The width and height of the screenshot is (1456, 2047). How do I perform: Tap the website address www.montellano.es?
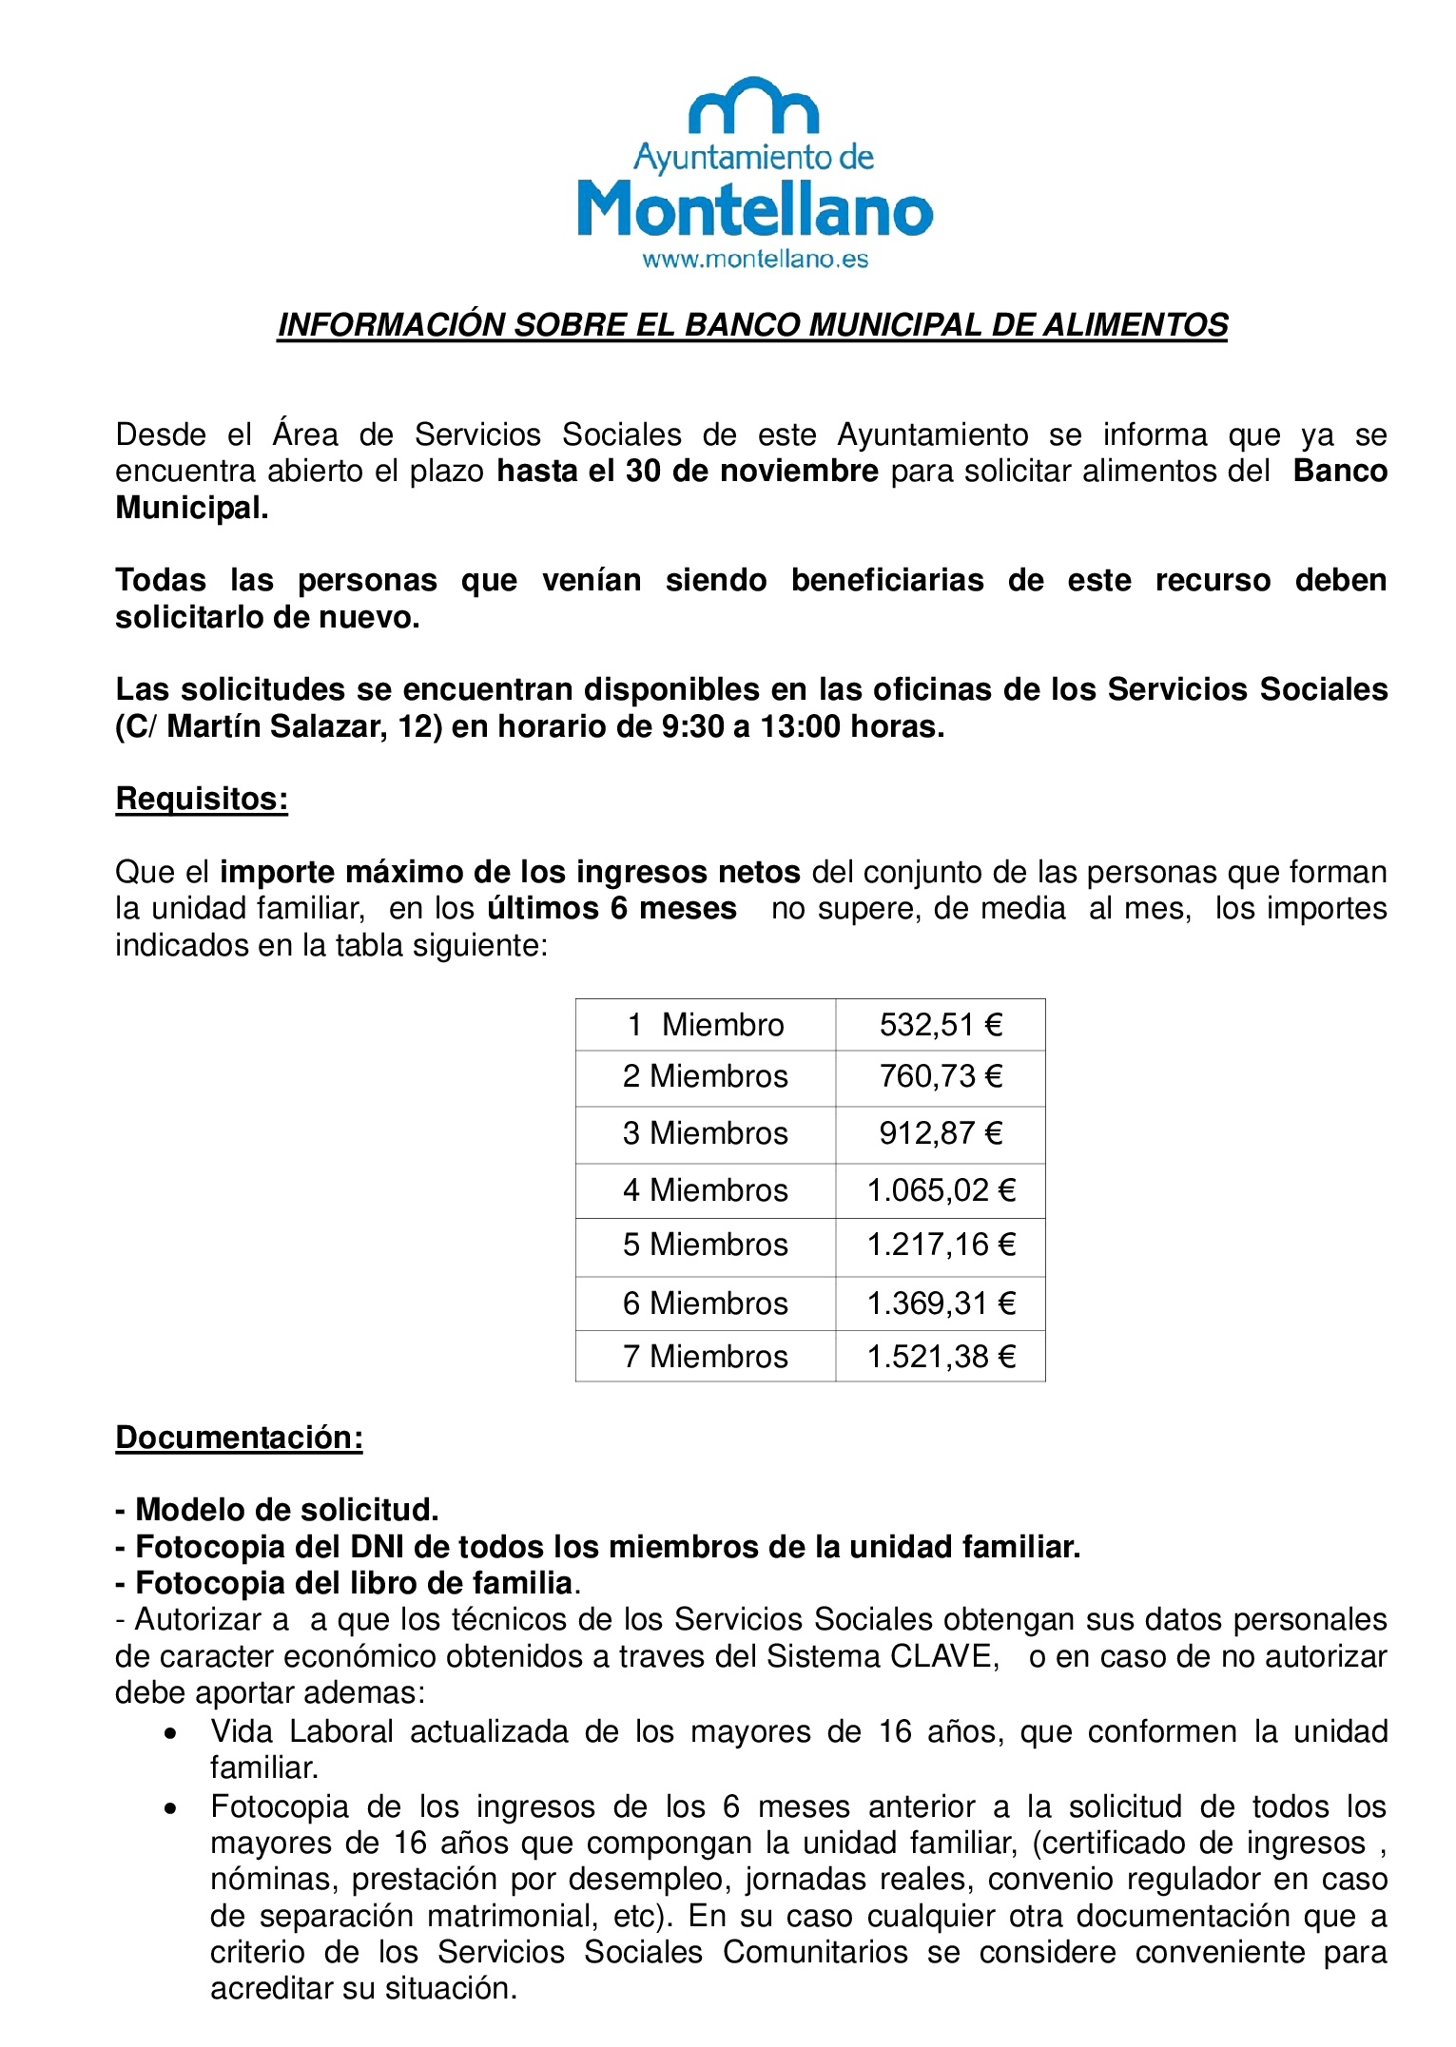click(x=755, y=260)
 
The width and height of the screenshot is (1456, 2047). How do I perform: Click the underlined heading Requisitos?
click(x=202, y=799)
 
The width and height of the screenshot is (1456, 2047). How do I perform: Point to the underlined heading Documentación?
click(x=239, y=1438)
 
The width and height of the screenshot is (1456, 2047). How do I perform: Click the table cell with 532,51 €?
click(x=941, y=1025)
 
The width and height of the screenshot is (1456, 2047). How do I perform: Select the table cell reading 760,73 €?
click(x=941, y=1076)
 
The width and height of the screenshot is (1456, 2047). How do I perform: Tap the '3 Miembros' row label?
click(x=705, y=1133)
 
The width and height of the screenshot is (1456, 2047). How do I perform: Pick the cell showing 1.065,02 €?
click(x=941, y=1190)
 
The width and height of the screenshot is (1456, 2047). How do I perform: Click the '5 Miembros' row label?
click(x=705, y=1245)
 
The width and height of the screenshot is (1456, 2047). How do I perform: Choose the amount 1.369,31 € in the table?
click(x=941, y=1304)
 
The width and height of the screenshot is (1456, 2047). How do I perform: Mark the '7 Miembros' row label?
click(x=705, y=1357)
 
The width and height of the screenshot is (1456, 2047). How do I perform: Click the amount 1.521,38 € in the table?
click(x=941, y=1357)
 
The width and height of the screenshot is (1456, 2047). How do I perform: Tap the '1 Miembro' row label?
click(x=705, y=1025)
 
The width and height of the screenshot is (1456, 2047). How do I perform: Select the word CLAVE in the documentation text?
click(x=941, y=1657)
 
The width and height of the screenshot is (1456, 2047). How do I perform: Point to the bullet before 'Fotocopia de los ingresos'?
click(x=170, y=1808)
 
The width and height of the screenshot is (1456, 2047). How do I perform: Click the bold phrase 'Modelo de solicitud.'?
click(x=286, y=1510)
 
